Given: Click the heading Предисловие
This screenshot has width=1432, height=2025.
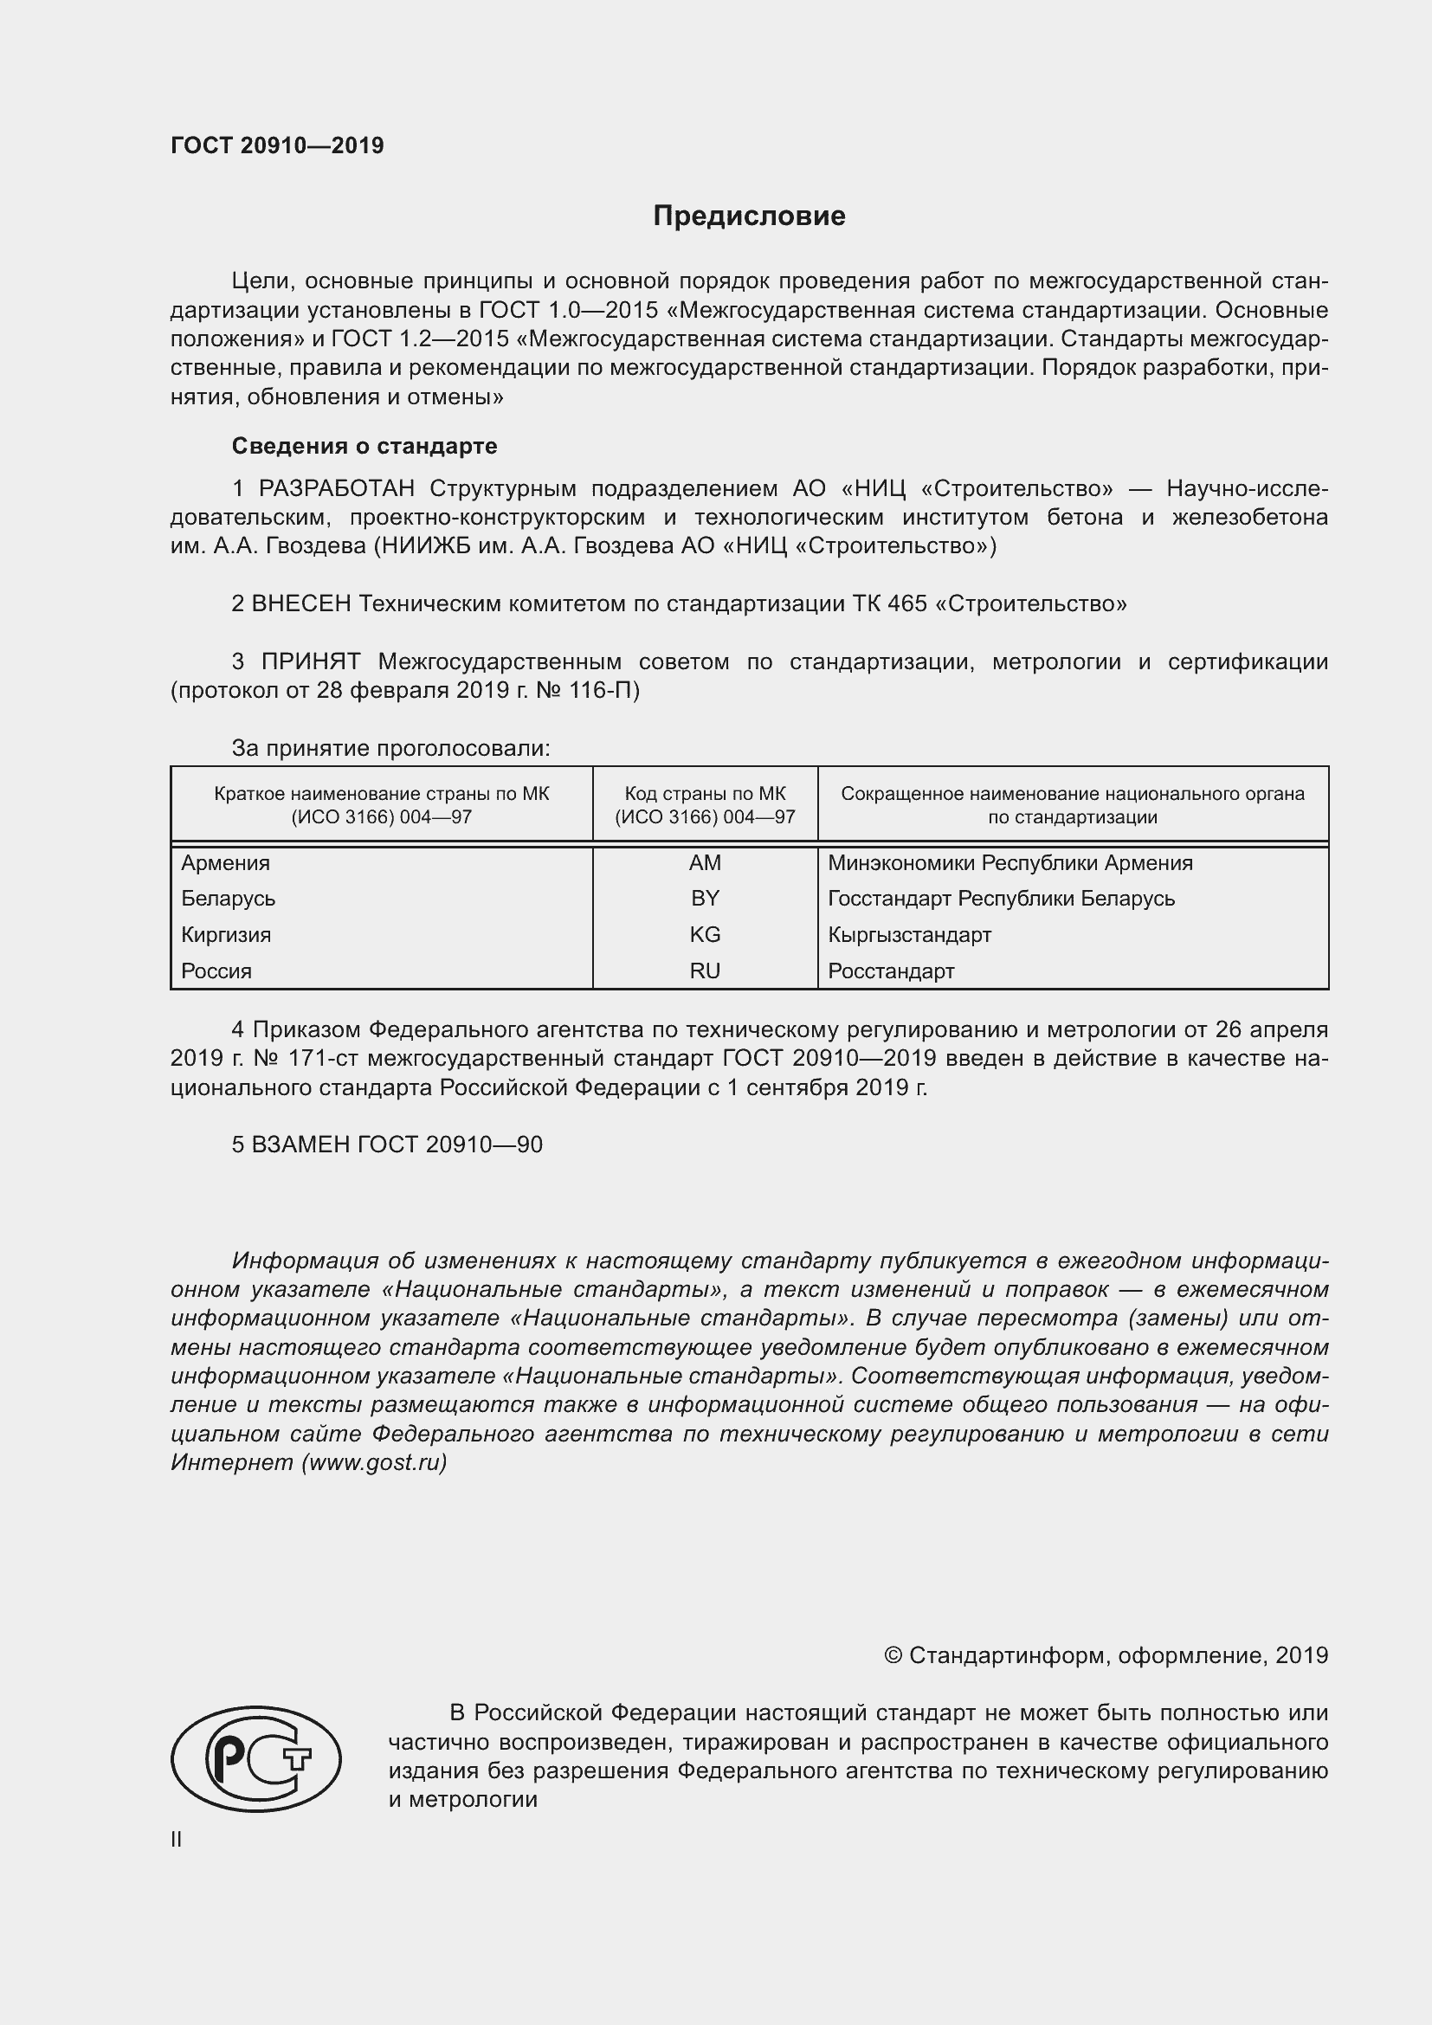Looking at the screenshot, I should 749,216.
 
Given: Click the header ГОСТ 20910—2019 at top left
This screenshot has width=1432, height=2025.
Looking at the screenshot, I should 277,145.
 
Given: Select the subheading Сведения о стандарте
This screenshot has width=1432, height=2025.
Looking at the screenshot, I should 364,446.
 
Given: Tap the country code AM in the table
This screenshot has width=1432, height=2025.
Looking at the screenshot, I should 705,862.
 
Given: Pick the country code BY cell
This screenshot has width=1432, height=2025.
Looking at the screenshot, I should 705,898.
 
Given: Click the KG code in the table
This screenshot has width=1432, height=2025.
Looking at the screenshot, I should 705,934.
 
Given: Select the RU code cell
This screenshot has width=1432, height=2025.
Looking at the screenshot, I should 705,971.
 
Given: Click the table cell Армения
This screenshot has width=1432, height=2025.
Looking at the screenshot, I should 226,862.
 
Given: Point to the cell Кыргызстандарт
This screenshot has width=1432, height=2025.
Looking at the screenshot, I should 909,934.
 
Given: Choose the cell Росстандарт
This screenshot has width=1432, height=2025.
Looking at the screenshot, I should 891,971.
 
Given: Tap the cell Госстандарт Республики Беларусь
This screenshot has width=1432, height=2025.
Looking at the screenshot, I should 1001,898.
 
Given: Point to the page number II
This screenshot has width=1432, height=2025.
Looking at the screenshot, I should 177,1839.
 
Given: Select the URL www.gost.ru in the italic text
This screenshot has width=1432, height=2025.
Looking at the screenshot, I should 373,1462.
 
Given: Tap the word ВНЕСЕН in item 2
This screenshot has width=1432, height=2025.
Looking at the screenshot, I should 301,603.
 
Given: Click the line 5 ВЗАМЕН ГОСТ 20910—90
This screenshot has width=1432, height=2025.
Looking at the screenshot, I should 387,1144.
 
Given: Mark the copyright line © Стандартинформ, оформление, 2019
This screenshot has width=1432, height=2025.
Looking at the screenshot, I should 1106,1655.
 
